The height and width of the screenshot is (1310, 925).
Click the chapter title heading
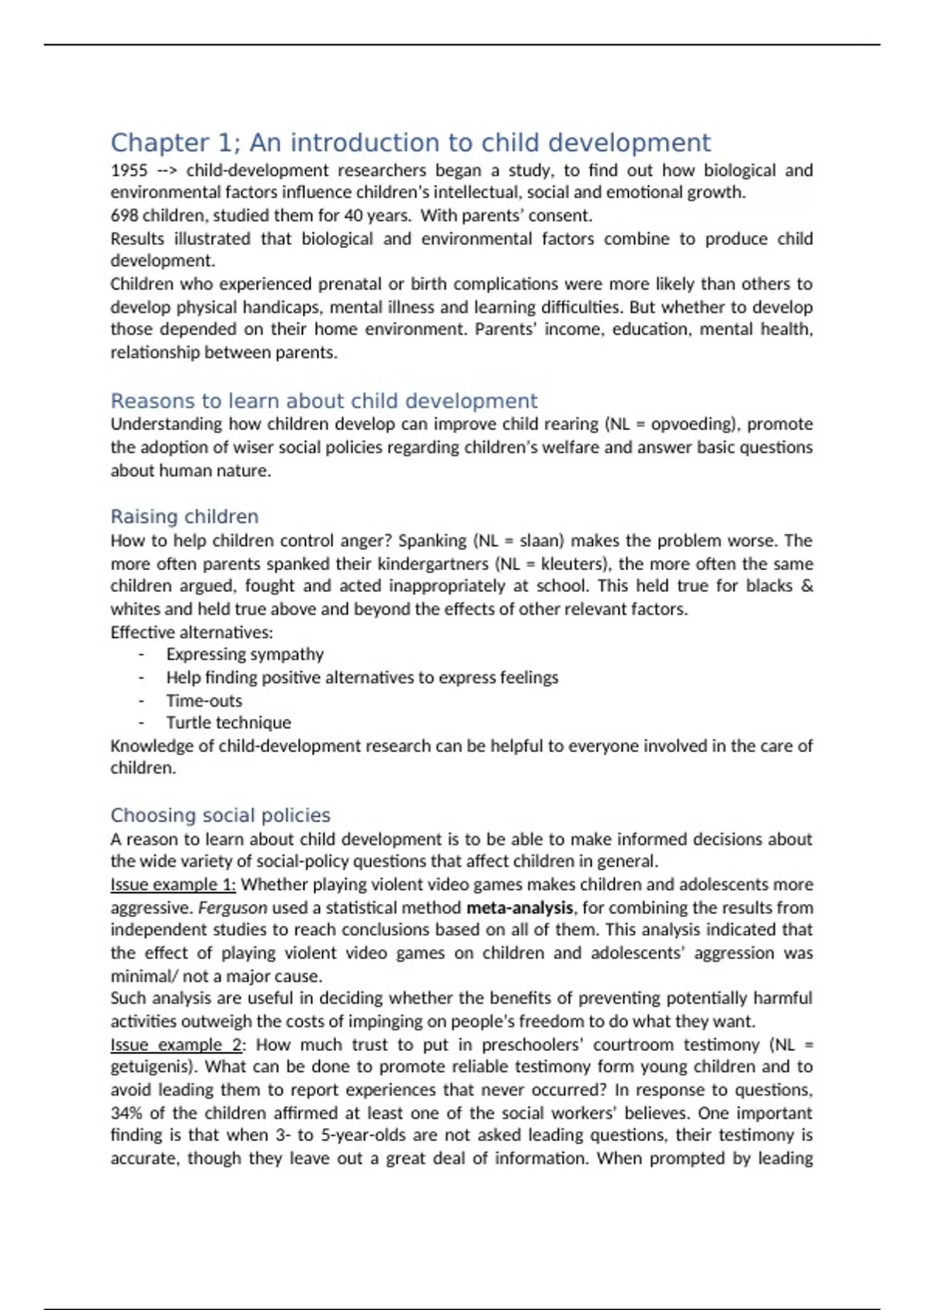click(x=410, y=143)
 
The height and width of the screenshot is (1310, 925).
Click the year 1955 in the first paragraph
click(x=129, y=170)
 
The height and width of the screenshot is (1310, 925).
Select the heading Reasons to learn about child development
click(x=324, y=401)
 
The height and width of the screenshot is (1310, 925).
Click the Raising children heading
click(x=184, y=516)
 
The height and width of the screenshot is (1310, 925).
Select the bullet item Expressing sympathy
click(x=244, y=654)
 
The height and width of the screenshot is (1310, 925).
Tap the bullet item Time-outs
click(x=203, y=700)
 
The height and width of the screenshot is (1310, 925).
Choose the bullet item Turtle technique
click(x=228, y=723)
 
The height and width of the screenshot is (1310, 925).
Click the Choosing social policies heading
click(x=220, y=815)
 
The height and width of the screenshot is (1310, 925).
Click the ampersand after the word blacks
click(x=806, y=586)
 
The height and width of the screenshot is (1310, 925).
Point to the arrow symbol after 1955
click(x=166, y=170)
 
